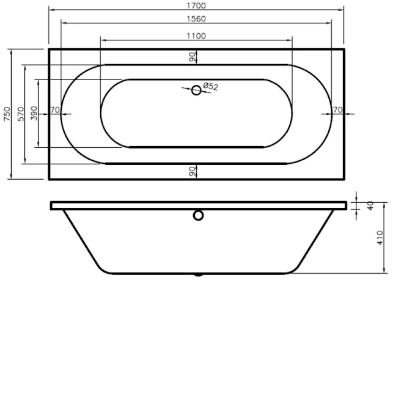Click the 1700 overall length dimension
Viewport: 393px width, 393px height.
pos(196,6)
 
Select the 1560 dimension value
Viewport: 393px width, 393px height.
pos(196,20)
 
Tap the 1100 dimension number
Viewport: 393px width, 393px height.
pos(196,35)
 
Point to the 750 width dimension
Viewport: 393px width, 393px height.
pos(7,114)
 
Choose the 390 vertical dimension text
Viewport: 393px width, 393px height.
pos(34,114)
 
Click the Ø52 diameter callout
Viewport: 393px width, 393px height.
pos(210,87)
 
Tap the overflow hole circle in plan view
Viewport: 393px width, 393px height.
pos(196,90)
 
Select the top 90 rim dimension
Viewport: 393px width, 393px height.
pos(192,57)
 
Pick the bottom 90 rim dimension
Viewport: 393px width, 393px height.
pos(192,172)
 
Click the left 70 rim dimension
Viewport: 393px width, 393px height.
pos(54,110)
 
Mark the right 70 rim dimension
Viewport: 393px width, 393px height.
pos(337,110)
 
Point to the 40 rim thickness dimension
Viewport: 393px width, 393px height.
pos(370,205)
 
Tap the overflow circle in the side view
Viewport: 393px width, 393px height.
pos(197,215)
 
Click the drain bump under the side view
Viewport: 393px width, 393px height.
pos(197,275)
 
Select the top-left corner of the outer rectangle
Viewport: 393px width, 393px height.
pos(48,49)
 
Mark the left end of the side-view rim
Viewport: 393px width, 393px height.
pos(52,205)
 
